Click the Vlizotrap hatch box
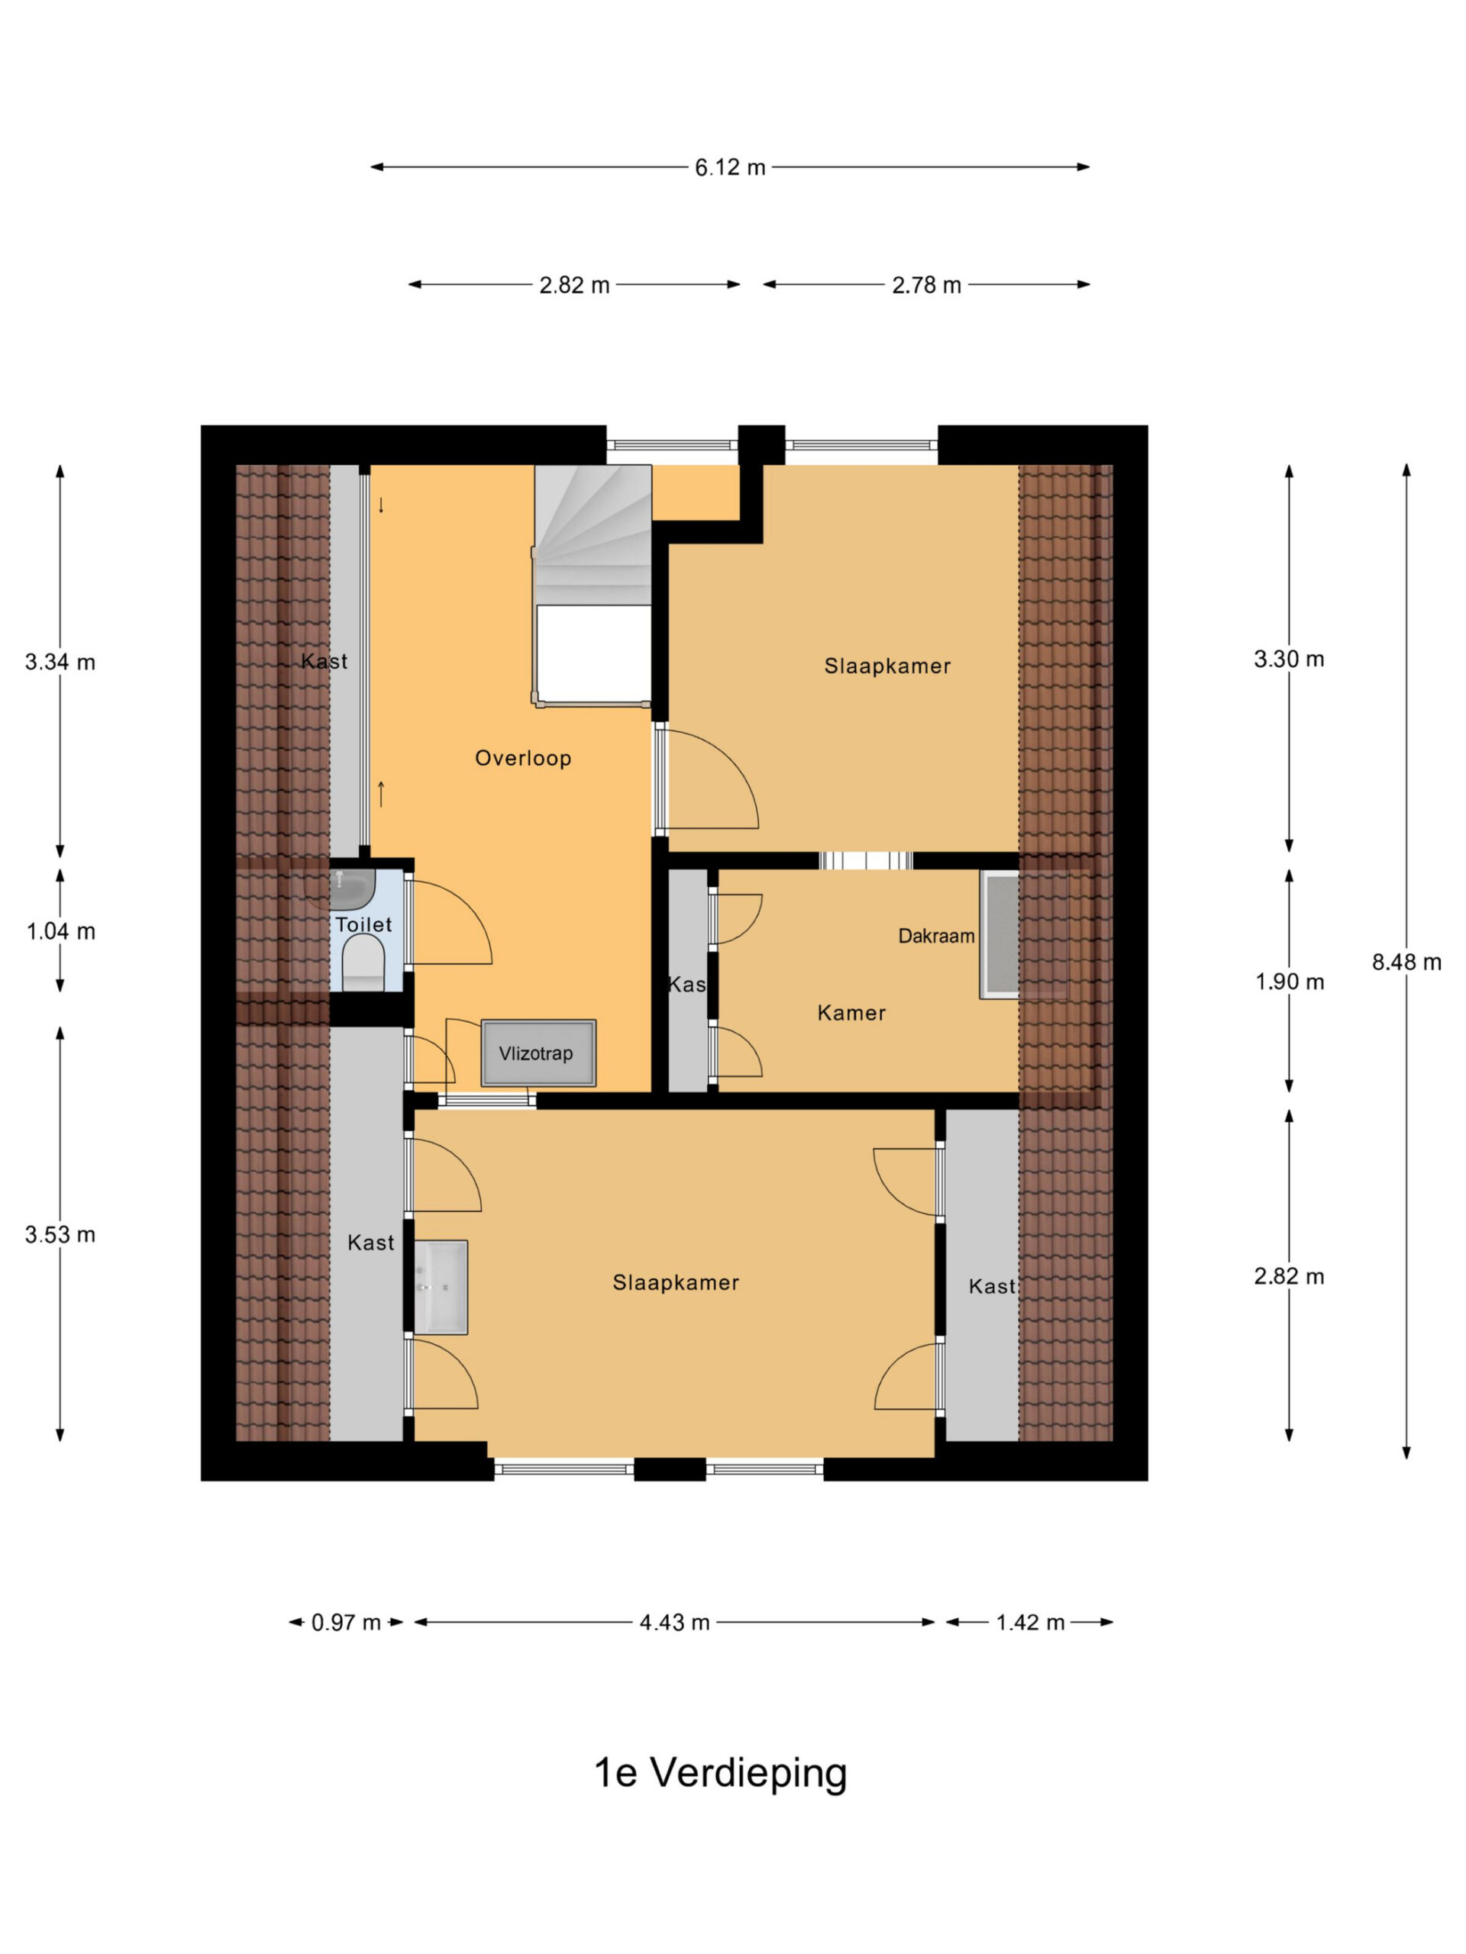point(538,1053)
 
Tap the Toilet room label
point(363,925)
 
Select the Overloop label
point(523,758)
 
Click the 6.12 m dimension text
point(730,167)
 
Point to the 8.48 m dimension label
point(1406,962)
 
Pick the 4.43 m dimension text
point(675,1623)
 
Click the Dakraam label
point(937,936)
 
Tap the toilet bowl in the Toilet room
point(363,962)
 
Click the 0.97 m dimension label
point(347,1623)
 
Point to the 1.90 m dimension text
point(1290,982)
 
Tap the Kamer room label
point(852,1012)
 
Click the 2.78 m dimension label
point(927,285)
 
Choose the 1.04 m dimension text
point(61,931)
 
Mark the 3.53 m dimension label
point(60,1234)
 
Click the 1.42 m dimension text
point(1030,1623)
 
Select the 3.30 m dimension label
point(1290,659)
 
